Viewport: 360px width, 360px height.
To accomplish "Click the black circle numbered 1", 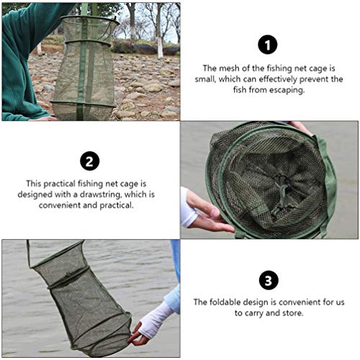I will click(268, 45).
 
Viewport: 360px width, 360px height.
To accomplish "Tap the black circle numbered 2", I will click(90, 161).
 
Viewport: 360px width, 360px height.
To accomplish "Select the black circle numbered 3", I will click(269, 280).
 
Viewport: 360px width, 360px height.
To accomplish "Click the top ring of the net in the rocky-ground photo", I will click(90, 19).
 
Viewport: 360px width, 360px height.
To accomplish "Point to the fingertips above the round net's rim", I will click(300, 127).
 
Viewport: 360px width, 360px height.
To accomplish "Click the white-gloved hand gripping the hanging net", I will click(148, 324).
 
